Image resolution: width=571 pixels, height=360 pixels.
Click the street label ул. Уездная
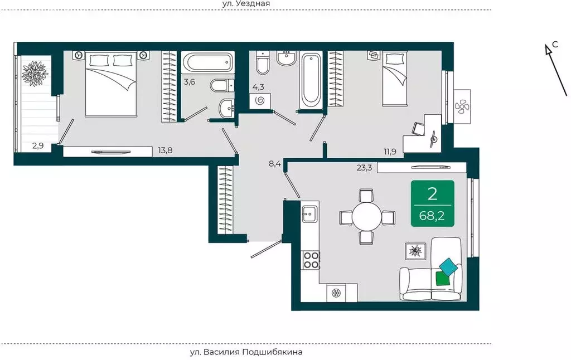tap(246, 4)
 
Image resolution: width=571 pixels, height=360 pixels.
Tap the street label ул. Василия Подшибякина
tap(246, 352)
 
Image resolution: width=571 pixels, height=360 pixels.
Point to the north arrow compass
tap(556, 70)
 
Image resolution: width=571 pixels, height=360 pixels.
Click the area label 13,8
tap(165, 150)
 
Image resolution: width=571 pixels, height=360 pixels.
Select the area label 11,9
tap(390, 152)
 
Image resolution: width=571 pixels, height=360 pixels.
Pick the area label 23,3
tap(364, 168)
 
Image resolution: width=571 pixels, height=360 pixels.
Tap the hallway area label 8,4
tap(275, 163)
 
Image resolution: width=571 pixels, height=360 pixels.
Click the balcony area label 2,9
tap(38, 146)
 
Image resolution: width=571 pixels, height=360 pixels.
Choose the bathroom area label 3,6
tap(190, 82)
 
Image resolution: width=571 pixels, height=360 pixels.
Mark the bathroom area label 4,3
tap(258, 87)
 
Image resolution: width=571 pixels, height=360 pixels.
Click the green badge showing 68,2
tap(433, 203)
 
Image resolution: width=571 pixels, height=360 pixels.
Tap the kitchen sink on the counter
tap(310, 213)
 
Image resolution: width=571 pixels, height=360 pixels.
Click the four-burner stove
tap(311, 260)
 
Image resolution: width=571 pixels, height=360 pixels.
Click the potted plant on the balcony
tap(35, 74)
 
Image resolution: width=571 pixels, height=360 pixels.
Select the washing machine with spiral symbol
tap(260, 101)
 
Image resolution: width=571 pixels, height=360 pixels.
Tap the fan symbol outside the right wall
tap(462, 106)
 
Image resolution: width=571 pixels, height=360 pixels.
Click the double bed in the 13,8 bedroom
tap(111, 84)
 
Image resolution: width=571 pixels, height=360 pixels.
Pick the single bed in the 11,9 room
tap(394, 79)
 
